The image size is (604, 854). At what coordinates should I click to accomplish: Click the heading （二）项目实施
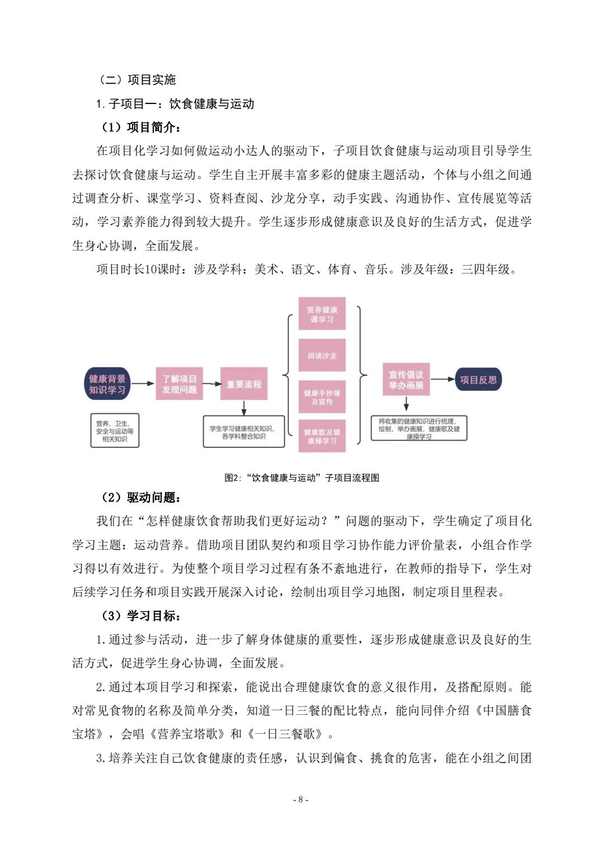(x=137, y=79)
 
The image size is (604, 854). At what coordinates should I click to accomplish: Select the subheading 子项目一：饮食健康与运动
(x=175, y=103)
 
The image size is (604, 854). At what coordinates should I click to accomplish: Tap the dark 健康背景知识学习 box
(x=107, y=384)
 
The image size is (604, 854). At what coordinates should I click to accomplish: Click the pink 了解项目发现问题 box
(x=180, y=384)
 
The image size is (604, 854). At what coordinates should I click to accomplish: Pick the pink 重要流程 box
(x=244, y=384)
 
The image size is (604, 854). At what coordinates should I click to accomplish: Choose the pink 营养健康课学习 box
(x=322, y=314)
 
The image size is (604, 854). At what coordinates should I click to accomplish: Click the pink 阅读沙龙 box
(x=322, y=356)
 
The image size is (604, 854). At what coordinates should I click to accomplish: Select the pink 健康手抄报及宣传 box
(x=322, y=397)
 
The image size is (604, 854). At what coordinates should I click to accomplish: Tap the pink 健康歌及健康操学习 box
(x=322, y=436)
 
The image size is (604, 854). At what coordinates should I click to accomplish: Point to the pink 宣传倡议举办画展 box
(x=407, y=380)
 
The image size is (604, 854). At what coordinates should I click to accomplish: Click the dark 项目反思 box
(x=478, y=380)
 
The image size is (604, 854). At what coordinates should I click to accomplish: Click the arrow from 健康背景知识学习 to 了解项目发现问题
(x=143, y=383)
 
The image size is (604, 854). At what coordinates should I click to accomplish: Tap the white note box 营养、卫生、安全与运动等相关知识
(x=115, y=431)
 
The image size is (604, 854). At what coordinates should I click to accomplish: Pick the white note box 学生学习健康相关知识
(x=244, y=432)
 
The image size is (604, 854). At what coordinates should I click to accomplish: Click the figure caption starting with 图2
(x=302, y=478)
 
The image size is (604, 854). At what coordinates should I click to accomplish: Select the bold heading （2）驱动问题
(x=140, y=497)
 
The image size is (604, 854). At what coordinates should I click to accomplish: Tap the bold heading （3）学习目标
(x=140, y=616)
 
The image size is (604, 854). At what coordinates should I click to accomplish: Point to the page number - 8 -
(x=301, y=799)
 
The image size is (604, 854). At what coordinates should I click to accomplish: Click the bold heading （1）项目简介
(x=140, y=128)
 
